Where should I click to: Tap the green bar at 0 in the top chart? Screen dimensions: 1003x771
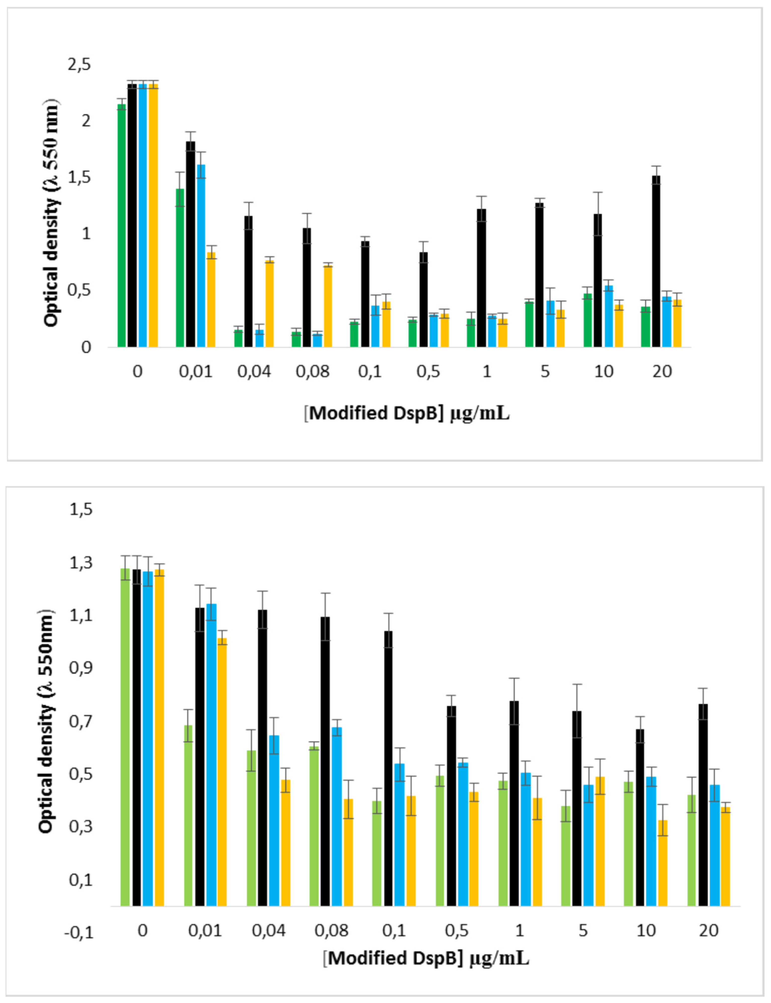pos(122,225)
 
